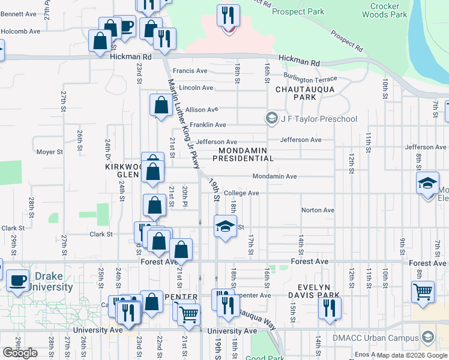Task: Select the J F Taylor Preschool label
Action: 319,119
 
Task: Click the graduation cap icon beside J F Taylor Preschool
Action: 273,118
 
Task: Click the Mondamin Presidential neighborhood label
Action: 246,154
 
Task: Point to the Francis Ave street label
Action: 190,71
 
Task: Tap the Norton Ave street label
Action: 318,210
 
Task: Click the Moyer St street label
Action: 50,152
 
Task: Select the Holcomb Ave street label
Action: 20,31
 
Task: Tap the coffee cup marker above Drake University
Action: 17,280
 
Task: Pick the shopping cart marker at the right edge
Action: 423,292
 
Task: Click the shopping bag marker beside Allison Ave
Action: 161,106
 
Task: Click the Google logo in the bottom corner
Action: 20,353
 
